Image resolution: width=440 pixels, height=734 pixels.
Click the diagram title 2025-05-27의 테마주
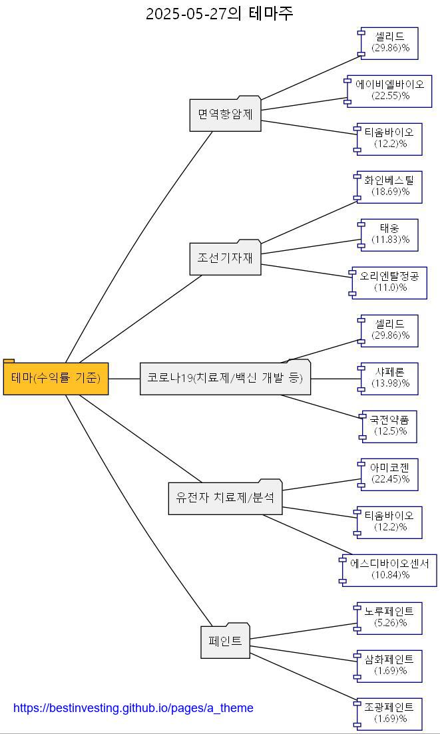pyautogui.click(x=220, y=13)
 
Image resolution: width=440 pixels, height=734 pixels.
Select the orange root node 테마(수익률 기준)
pyautogui.click(x=56, y=378)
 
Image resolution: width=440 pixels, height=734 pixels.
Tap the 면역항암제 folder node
pyautogui.click(x=225, y=114)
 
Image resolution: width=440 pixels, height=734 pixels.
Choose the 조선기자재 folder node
pyautogui.click(x=225, y=258)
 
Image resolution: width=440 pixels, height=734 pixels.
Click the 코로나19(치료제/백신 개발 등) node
pyautogui.click(x=225, y=378)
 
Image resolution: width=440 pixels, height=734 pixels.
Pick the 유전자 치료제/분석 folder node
pyautogui.click(x=225, y=498)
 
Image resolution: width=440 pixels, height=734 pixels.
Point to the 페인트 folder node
pyautogui.click(x=225, y=642)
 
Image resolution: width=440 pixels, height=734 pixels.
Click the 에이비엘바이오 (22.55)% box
pyautogui.click(x=390, y=91)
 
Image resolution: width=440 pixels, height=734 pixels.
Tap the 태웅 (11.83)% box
pyautogui.click(x=390, y=234)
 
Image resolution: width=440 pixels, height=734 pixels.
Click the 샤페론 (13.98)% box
pyautogui.click(x=390, y=378)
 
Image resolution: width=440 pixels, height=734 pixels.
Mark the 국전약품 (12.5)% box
pyautogui.click(x=390, y=426)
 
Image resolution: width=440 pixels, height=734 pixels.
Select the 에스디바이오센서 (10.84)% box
pyautogui.click(x=390, y=570)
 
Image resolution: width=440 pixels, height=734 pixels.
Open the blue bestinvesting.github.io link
pyautogui.click(x=133, y=708)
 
